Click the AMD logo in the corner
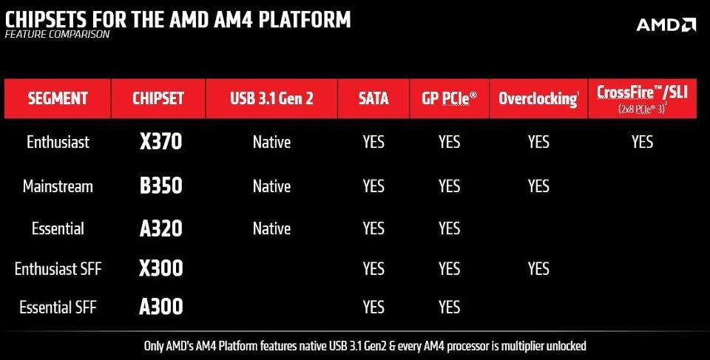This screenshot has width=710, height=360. pyautogui.click(x=666, y=24)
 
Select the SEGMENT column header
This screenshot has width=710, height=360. pyautogui.click(x=58, y=98)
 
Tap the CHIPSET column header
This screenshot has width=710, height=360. pyautogui.click(x=158, y=98)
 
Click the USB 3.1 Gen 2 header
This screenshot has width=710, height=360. pyautogui.click(x=271, y=98)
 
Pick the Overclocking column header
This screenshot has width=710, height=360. pyautogui.click(x=538, y=98)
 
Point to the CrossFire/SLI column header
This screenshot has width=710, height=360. pyautogui.click(x=641, y=98)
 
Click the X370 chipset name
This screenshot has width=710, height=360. pyautogui.click(x=160, y=142)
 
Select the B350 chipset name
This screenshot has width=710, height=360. pyautogui.click(x=160, y=186)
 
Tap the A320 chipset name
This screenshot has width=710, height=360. pyautogui.click(x=160, y=229)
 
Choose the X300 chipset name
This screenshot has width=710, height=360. pyautogui.click(x=160, y=268)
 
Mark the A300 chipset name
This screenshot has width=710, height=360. pyautogui.click(x=160, y=307)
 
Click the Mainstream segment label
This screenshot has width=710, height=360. pyautogui.click(x=58, y=186)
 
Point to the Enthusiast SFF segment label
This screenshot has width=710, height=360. pyautogui.click(x=58, y=268)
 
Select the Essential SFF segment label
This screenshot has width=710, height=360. pyautogui.click(x=58, y=307)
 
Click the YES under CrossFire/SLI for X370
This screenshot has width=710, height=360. pyautogui.click(x=642, y=142)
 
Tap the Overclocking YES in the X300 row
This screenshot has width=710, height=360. pyautogui.click(x=538, y=268)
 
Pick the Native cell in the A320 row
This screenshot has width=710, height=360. pyautogui.click(x=271, y=229)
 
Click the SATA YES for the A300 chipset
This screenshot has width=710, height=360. pyautogui.click(x=373, y=307)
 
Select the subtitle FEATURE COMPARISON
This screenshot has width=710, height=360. pyautogui.click(x=57, y=35)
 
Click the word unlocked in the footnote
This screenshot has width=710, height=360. pyautogui.click(x=565, y=346)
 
